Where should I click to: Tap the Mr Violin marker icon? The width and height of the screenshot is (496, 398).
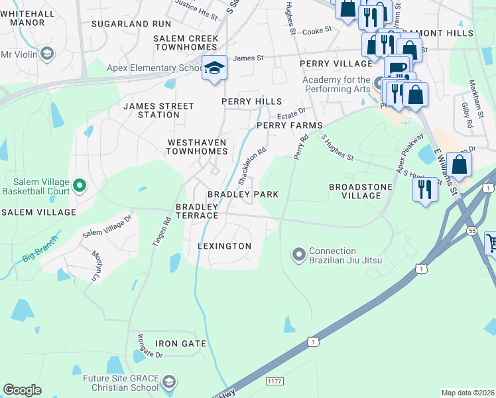(x=47, y=54)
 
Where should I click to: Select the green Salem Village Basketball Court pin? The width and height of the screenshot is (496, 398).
(x=79, y=186)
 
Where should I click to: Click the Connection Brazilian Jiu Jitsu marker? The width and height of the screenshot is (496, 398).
(x=298, y=254)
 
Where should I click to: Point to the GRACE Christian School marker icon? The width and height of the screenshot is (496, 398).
(x=169, y=381)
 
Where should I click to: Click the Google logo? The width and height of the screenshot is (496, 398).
(x=22, y=390)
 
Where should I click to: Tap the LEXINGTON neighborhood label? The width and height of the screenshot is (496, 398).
(x=225, y=246)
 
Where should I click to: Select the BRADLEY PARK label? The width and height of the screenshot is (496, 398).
(x=243, y=194)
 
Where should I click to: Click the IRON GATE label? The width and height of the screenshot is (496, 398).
(x=180, y=344)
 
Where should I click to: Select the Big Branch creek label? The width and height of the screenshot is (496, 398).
(x=40, y=247)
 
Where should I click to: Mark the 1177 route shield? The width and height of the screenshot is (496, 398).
(x=275, y=381)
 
